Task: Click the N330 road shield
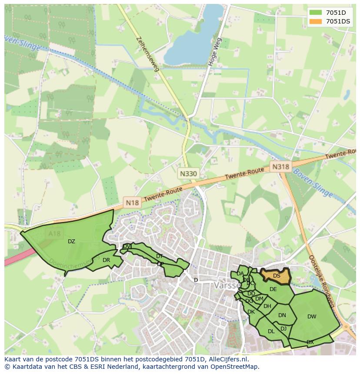(x=188, y=173)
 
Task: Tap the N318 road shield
(x=280, y=166)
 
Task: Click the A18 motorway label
(x=55, y=234)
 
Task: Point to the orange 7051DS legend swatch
(x=316, y=21)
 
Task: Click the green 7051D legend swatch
(x=316, y=12)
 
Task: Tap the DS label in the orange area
(x=277, y=276)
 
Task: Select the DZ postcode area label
(x=71, y=242)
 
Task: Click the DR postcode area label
(x=106, y=260)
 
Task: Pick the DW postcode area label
(x=312, y=317)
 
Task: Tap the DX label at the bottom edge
(x=310, y=342)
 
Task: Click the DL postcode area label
(x=271, y=331)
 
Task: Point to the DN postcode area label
(x=282, y=315)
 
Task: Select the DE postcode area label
(x=273, y=289)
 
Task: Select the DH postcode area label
(x=267, y=306)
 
